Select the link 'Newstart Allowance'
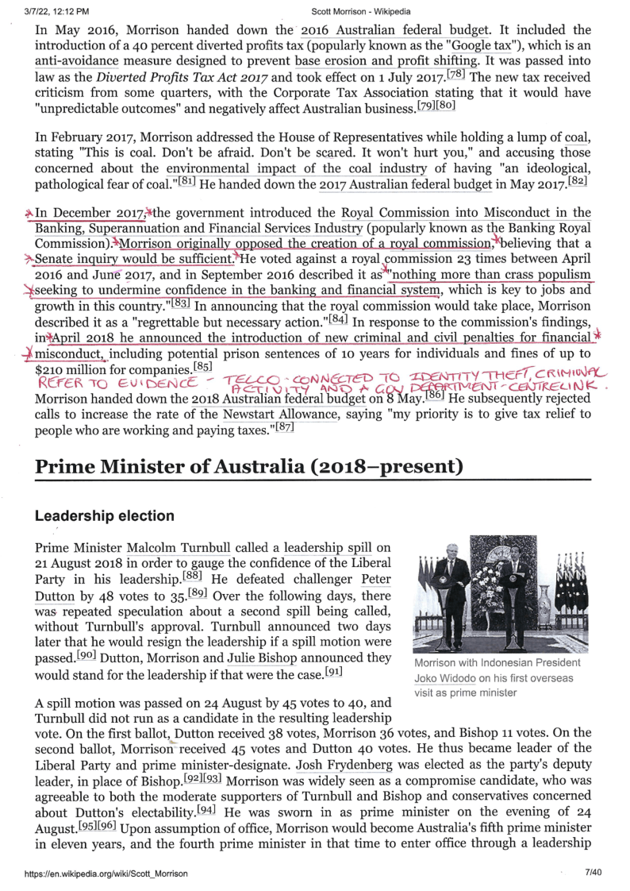(x=268, y=415)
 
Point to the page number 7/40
(x=594, y=874)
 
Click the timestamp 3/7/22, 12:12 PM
(x=57, y=12)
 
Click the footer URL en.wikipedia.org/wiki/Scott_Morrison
(x=106, y=874)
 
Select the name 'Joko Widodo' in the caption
(x=446, y=678)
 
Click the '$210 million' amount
(x=79, y=370)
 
